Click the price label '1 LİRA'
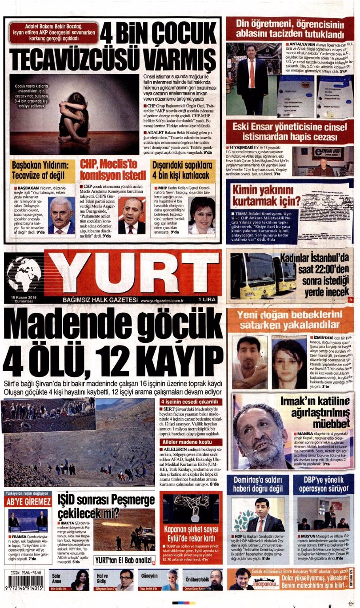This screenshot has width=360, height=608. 207,300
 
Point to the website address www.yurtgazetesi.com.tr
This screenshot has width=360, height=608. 162,300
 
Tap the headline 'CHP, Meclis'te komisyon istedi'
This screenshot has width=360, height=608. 113,169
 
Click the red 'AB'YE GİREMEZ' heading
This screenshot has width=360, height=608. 28,502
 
